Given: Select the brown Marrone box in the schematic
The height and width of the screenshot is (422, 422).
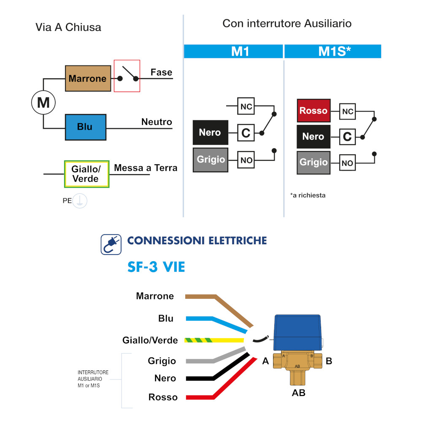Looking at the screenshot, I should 88,78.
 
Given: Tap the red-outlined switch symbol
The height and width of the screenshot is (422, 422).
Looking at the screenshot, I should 127,76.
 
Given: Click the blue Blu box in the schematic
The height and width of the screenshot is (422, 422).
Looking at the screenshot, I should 85,127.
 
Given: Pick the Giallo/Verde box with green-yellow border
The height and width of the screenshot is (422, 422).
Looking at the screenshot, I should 86,174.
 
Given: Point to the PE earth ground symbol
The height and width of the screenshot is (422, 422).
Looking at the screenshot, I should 80,201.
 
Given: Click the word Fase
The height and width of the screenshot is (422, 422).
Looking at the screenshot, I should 161,73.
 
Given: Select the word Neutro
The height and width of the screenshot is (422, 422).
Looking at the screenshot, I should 157,122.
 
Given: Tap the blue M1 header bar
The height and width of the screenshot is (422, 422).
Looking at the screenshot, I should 233,51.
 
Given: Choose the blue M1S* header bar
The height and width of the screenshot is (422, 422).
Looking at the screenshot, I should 333,51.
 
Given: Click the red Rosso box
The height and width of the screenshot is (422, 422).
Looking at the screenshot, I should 313,111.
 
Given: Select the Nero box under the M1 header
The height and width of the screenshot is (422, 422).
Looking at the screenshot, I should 210,133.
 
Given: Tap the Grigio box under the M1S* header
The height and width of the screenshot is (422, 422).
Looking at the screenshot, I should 313,162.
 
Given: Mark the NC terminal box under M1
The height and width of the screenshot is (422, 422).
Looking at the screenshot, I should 246,107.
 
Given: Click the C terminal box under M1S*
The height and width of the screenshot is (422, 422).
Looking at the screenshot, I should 347,137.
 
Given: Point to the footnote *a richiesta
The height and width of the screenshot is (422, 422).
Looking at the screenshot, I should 308,195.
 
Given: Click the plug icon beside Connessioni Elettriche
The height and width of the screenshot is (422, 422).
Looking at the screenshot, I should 111,244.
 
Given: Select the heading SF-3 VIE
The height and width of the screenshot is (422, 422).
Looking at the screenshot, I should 156,267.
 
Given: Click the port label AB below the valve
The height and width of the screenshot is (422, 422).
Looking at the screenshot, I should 298,393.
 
